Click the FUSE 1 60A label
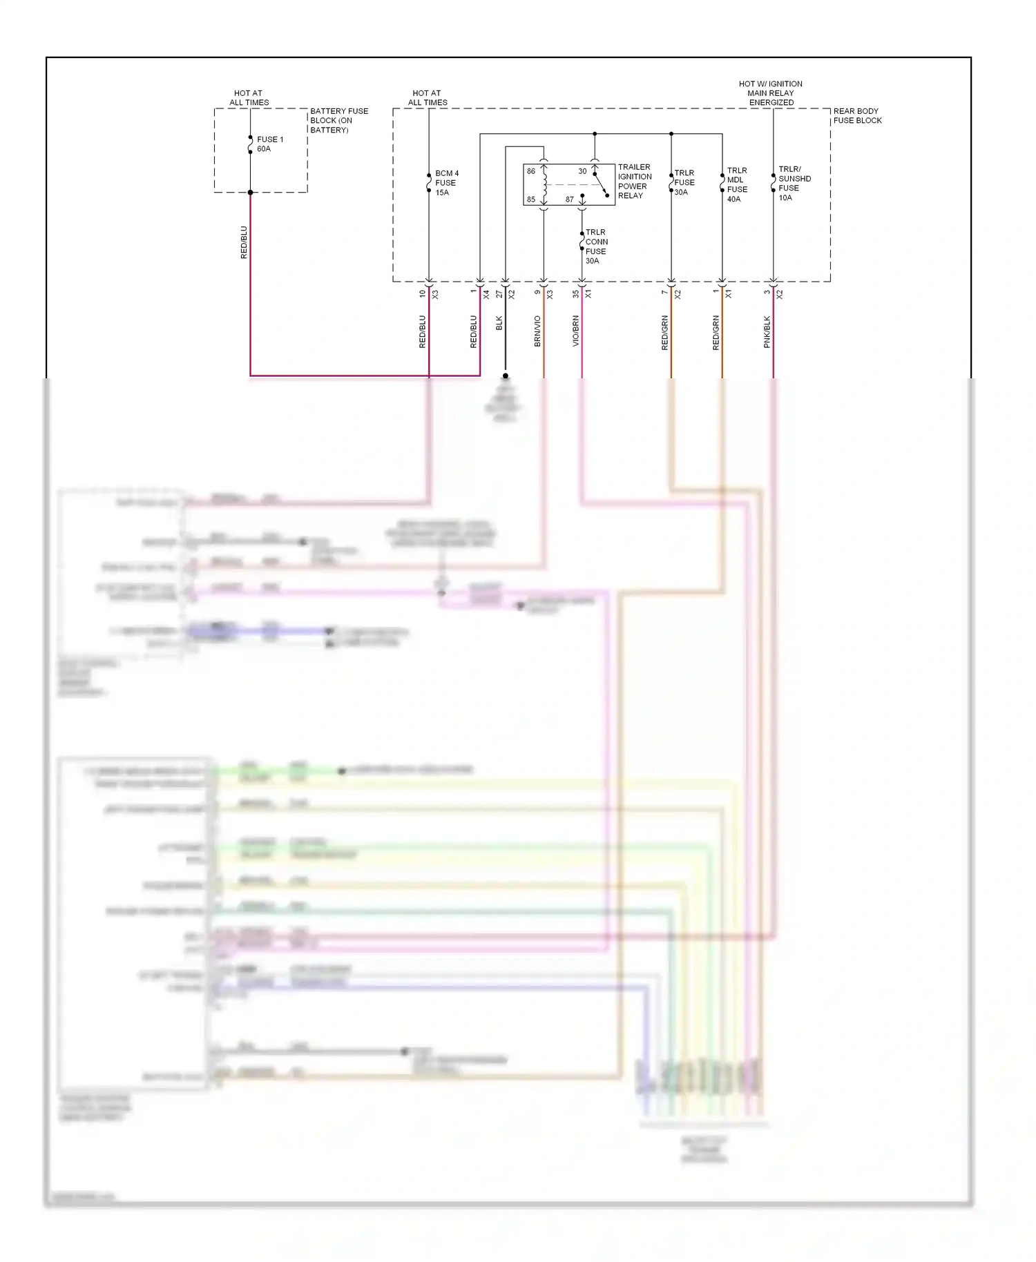tap(269, 144)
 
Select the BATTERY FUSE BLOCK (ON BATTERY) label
tap(338, 120)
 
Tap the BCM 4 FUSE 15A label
tap(446, 183)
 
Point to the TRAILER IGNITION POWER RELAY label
tap(634, 181)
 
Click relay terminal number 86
tap(531, 171)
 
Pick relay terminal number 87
tap(569, 200)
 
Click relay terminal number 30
tap(582, 171)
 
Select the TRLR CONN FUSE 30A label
tap(596, 246)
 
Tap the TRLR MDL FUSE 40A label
tap(737, 184)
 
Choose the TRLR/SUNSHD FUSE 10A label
tap(794, 183)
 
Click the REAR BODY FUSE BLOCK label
tap(857, 115)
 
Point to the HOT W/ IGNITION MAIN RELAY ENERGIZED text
tap(771, 93)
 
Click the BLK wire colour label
tap(499, 323)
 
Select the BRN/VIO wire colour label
tap(537, 331)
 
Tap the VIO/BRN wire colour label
tap(575, 331)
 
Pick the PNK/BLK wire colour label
tap(767, 332)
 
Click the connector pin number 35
tap(575, 293)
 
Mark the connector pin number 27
tap(499, 293)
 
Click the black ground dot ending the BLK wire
tap(506, 376)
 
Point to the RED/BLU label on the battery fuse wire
tap(244, 242)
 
